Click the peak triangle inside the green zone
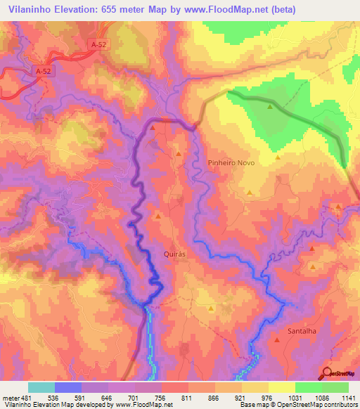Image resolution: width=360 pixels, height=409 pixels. coord(270,107)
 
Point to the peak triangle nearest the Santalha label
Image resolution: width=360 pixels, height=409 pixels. coord(277,340)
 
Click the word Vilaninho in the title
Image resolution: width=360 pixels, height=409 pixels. coord(32,9)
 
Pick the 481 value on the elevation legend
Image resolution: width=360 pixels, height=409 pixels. coord(27,397)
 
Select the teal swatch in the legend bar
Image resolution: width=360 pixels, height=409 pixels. coord(41,387)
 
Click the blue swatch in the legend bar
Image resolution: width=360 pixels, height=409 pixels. coord(67,387)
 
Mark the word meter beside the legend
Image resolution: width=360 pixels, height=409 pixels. coord(10,397)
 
